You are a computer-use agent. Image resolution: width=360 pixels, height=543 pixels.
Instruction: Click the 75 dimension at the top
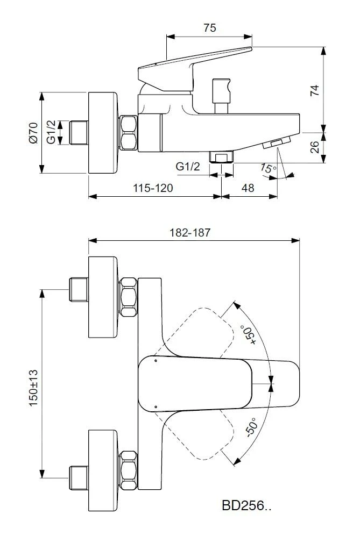(210, 28)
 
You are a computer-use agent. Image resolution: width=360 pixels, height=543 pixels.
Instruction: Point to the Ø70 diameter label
(33, 132)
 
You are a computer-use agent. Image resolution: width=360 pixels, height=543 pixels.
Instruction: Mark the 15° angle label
(267, 169)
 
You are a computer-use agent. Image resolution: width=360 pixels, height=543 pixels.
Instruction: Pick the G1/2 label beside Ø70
(51, 132)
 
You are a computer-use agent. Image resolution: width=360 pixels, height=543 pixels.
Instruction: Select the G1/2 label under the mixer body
(188, 167)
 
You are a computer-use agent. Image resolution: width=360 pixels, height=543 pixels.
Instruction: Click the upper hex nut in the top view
(129, 297)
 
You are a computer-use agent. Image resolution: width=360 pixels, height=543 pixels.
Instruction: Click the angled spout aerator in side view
(276, 143)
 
